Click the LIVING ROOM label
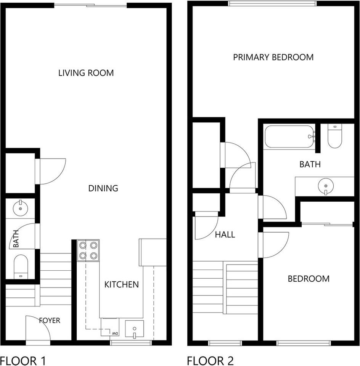tap(86, 73)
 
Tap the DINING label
tap(103, 188)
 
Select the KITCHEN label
tap(122, 284)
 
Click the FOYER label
tap(50, 320)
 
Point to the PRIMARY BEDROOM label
tap(273, 57)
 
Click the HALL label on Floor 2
tap(225, 234)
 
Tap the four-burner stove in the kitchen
tap(88, 250)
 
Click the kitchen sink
tap(135, 329)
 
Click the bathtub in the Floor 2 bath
tap(289, 136)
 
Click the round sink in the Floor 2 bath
tap(325, 186)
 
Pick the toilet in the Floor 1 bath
tap(20, 266)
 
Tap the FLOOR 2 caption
tap(210, 360)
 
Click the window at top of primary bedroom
tap(272, 4)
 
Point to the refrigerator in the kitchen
tap(153, 252)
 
